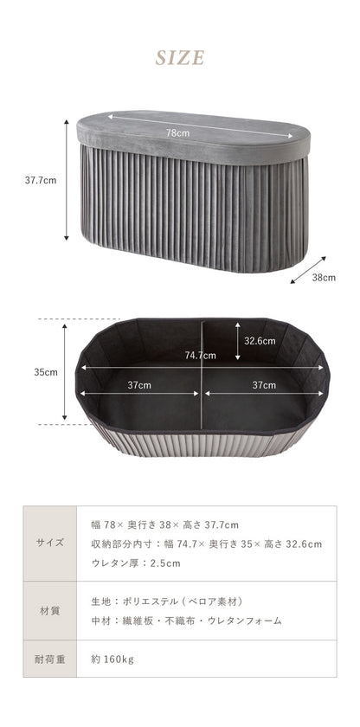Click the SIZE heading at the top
(x=180, y=58)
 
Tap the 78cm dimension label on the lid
(x=178, y=133)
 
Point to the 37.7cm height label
(x=41, y=180)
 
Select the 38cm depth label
(x=324, y=278)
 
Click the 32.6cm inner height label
(x=260, y=341)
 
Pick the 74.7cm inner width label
(x=201, y=356)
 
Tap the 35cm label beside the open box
(x=46, y=372)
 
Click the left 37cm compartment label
(x=139, y=385)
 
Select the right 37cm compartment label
(x=264, y=385)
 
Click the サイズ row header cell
(x=50, y=544)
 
